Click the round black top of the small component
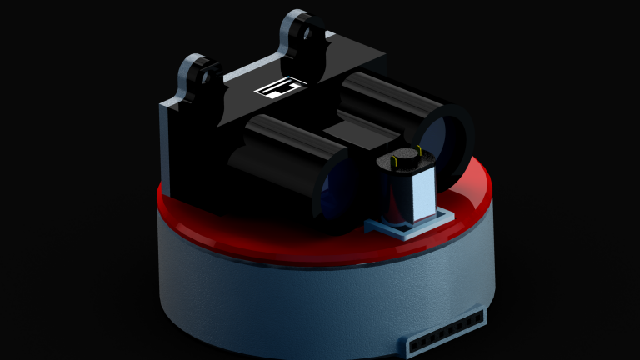click(x=404, y=157)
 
